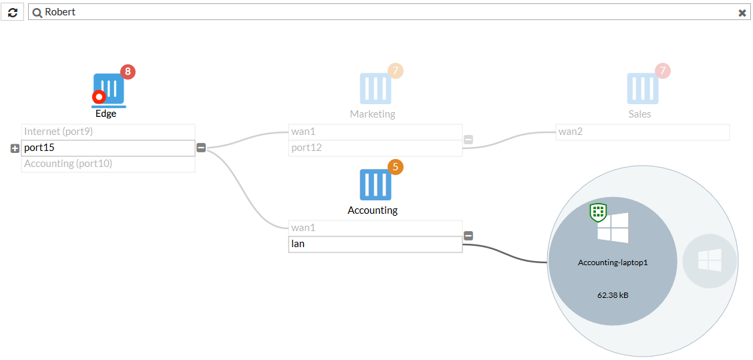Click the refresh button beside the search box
[x=13, y=13]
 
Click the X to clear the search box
[x=742, y=13]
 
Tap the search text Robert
[x=60, y=12]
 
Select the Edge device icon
[x=108, y=89]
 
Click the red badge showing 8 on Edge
[x=128, y=72]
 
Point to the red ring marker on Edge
[x=99, y=97]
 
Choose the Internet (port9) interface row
[x=108, y=132]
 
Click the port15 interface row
[x=108, y=148]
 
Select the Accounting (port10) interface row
[x=108, y=164]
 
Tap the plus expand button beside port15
[x=15, y=149]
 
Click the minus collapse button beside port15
[x=201, y=148]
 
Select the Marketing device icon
[x=375, y=89]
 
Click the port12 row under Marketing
[x=375, y=148]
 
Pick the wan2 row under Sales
[x=643, y=132]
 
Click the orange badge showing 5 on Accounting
[x=396, y=167]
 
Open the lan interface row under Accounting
[x=375, y=244]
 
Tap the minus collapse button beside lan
[x=468, y=236]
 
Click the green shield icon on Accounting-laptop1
[x=599, y=212]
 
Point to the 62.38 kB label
[x=613, y=296]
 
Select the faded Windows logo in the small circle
[x=710, y=260]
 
